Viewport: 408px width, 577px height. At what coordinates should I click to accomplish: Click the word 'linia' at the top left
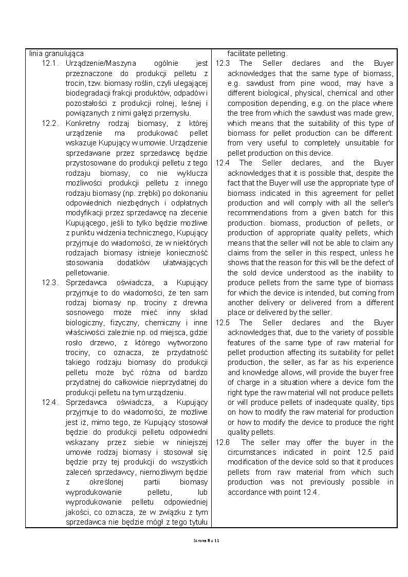pos(35,53)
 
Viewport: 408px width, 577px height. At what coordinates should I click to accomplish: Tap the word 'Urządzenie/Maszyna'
pos(101,63)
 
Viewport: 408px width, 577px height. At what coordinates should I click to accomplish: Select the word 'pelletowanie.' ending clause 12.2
pos(87,273)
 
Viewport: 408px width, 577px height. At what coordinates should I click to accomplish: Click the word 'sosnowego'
pos(82,312)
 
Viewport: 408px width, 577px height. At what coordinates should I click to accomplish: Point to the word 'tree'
pos(246,113)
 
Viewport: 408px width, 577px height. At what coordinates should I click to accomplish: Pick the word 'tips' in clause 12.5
pos(387,402)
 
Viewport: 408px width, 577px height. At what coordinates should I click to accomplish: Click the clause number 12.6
pos(222,442)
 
